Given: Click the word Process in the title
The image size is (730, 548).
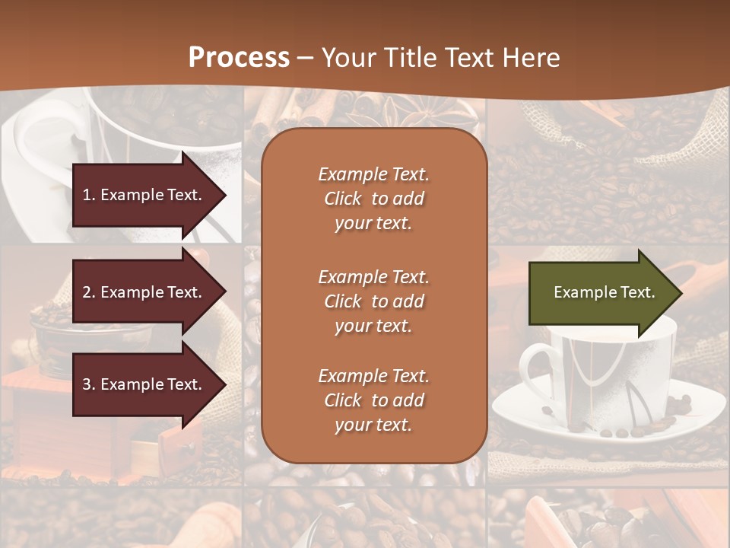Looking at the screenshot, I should pos(239,58).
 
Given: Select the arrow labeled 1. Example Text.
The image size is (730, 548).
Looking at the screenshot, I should pos(144,195).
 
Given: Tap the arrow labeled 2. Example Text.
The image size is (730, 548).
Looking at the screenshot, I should pos(144,292).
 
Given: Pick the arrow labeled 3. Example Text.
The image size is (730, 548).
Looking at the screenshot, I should pos(144,384).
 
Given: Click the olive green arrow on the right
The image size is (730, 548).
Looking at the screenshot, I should pos(601,293).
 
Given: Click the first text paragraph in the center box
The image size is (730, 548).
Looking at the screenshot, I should pos(373,199).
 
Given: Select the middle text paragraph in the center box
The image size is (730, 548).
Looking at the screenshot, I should pos(373,301).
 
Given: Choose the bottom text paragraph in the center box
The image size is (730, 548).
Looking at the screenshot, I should pos(373,400).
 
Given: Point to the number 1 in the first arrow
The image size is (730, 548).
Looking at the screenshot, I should pos(87,195).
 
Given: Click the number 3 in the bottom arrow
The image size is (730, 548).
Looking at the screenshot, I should pos(87,384).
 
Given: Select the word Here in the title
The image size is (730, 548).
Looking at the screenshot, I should pos(532,58).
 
